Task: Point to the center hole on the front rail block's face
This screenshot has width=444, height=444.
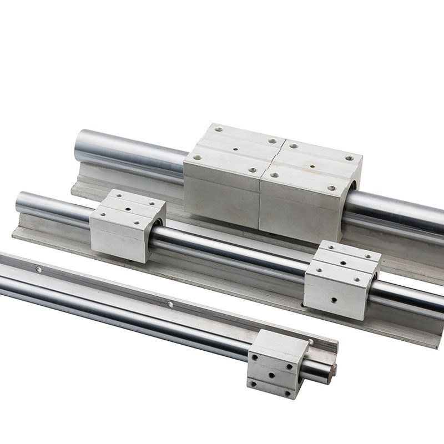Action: pyautogui.click(x=272, y=375)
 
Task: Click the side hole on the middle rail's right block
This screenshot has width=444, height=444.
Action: pyautogui.click(x=335, y=300)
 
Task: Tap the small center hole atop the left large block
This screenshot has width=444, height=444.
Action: pyautogui.click(x=235, y=149)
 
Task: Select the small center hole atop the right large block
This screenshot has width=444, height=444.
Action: pyautogui.click(x=312, y=165)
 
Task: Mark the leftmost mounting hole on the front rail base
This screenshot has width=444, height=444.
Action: pyautogui.click(x=38, y=270)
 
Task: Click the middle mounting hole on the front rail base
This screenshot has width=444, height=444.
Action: pyautogui.click(x=170, y=304)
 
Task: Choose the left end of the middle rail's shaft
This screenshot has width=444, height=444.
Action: pyautogui.click(x=21, y=200)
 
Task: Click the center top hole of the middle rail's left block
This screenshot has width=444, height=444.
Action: pyautogui.click(x=129, y=207)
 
